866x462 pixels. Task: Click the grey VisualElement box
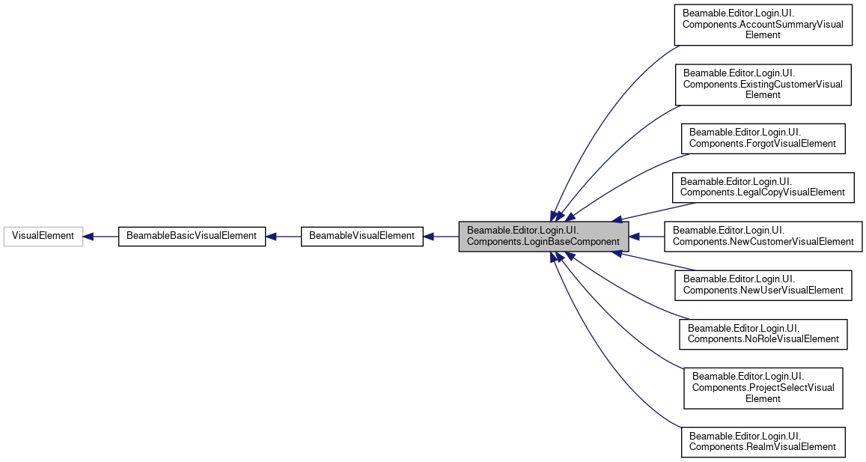[x=43, y=236]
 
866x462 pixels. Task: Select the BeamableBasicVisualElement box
[x=192, y=236]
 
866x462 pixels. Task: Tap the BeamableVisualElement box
[x=362, y=236]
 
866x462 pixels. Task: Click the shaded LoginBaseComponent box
[x=543, y=236]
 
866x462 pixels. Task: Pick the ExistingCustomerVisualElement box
[x=763, y=84]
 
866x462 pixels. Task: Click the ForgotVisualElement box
[x=763, y=138]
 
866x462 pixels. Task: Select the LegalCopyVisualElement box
[x=763, y=186]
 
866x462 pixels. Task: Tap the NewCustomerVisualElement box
[x=763, y=236]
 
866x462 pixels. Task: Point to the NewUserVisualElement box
[x=763, y=285]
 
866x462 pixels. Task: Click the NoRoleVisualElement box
[x=763, y=333]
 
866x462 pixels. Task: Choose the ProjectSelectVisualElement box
[x=763, y=387]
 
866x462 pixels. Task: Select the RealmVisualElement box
[x=763, y=441]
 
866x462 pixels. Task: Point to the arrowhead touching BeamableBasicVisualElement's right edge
[x=272, y=237]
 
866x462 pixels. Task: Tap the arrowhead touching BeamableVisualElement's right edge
[x=429, y=237]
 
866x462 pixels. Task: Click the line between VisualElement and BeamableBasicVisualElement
[x=106, y=237]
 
